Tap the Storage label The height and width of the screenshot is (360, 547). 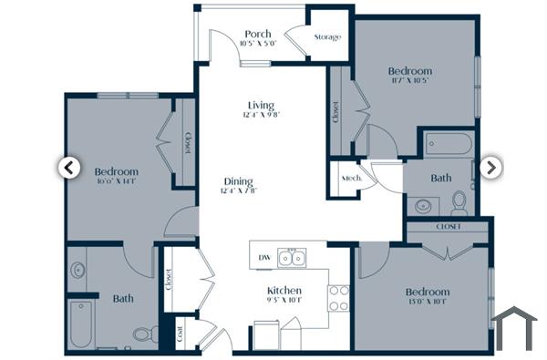click(x=327, y=37)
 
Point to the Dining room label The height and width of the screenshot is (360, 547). click(x=237, y=181)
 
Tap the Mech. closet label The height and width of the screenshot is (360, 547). click(x=348, y=179)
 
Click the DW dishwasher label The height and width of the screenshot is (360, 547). click(x=264, y=258)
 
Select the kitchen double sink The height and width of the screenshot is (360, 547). click(x=293, y=259)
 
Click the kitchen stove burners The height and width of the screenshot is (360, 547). click(x=338, y=297)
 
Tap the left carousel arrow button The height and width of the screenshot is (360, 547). click(x=67, y=167)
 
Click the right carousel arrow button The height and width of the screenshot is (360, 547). click(x=490, y=167)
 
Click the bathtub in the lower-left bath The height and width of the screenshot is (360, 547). click(x=81, y=324)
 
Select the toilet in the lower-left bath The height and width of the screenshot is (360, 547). click(x=142, y=334)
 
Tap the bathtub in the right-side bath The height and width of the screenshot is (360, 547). click(x=448, y=144)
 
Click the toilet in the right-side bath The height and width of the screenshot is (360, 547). click(x=459, y=201)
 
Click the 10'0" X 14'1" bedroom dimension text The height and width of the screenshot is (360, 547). click(x=115, y=181)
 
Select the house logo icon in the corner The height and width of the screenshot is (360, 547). click(x=515, y=328)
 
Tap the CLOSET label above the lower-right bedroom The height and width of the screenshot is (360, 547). click(x=449, y=226)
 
